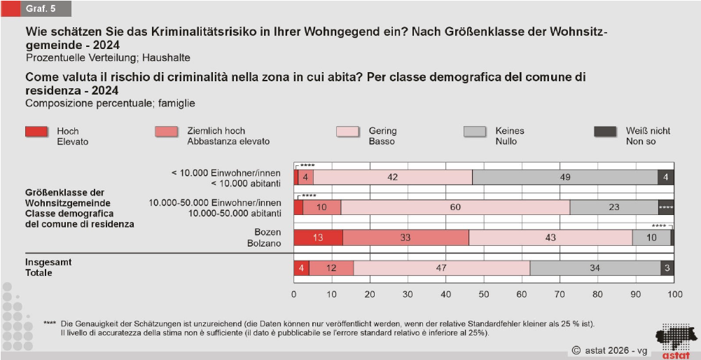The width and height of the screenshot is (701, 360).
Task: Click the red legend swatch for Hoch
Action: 36,131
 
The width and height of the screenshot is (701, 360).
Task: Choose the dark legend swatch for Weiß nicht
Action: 605,131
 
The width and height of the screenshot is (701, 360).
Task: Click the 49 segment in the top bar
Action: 564,177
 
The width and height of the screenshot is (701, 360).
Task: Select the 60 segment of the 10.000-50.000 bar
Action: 455,207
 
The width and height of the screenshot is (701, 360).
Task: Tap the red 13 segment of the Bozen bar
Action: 318,237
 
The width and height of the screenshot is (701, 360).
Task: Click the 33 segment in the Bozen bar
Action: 405,237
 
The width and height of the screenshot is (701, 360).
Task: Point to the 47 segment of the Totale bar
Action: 442,268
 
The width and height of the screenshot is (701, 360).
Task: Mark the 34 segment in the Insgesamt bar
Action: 595,268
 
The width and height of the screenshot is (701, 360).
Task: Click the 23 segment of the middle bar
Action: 614,207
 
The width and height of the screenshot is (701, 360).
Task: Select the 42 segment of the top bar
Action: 392,177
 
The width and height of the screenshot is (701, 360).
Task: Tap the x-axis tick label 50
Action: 484,294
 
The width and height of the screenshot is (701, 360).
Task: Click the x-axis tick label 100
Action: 674,294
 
